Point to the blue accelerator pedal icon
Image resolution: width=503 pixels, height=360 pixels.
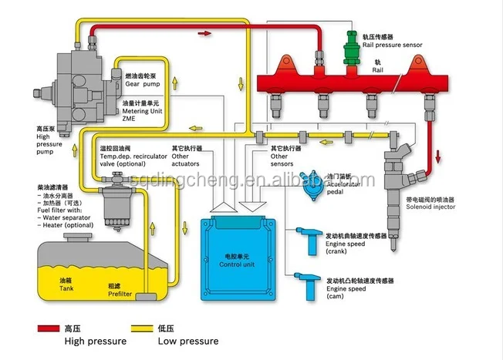[312, 185]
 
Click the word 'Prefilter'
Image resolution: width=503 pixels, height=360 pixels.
[120, 293]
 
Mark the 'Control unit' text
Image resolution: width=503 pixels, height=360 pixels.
[235, 261]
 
